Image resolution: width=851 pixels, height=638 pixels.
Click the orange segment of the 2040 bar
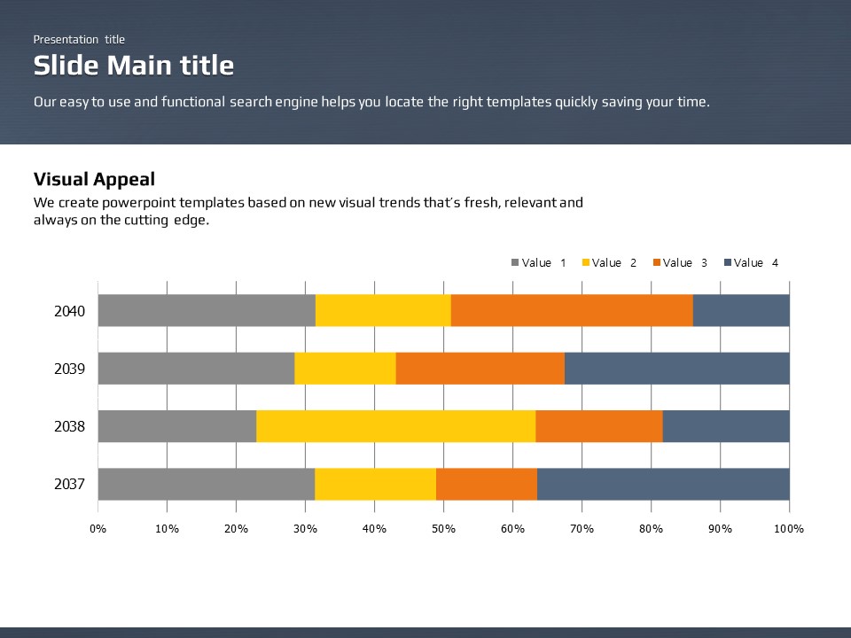(572, 311)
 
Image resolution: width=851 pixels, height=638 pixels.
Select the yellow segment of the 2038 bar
(395, 426)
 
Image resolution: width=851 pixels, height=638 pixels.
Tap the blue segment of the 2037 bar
(663, 484)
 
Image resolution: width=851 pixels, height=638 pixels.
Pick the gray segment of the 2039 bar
(196, 369)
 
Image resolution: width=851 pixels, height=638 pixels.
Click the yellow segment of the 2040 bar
(383, 311)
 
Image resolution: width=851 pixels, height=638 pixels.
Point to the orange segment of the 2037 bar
(487, 484)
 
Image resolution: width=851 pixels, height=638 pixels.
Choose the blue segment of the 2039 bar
(676, 369)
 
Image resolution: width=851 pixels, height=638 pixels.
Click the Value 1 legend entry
(539, 263)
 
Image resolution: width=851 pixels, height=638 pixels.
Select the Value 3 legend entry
(680, 263)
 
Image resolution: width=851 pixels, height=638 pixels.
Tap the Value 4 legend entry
(752, 263)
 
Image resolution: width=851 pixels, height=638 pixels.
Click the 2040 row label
(69, 311)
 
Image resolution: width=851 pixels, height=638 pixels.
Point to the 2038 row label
(69, 426)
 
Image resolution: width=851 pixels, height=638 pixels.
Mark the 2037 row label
(69, 484)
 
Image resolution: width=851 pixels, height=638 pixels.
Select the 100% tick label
(789, 529)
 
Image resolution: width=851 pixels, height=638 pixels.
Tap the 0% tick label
(98, 529)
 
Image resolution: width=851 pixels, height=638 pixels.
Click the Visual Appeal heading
(94, 179)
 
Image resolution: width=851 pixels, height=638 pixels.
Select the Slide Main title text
(134, 66)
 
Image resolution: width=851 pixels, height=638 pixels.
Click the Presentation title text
(79, 39)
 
